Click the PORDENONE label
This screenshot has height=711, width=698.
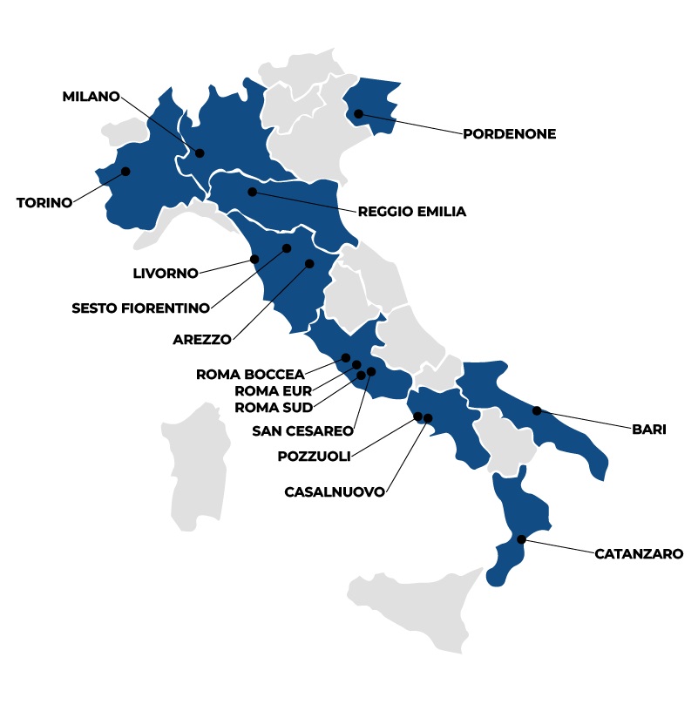509,134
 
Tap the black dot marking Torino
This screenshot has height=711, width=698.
125,172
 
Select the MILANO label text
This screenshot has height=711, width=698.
91,97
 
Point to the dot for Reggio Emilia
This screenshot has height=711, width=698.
252,192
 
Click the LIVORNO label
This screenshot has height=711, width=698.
166,273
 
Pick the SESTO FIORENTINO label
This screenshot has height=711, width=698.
140,308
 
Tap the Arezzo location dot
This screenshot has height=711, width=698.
309,263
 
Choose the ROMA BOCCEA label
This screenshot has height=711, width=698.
250,375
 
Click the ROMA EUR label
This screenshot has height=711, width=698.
273,390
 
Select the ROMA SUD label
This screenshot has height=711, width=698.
273,406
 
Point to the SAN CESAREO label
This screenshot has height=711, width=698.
302,430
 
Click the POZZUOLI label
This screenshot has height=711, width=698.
314,456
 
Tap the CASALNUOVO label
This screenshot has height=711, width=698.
335,491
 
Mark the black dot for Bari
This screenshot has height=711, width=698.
537,410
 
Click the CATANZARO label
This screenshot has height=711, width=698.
639,552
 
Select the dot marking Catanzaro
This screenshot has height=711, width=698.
521,540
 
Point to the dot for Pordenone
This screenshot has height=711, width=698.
358,113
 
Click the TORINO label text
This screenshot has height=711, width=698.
44,203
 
